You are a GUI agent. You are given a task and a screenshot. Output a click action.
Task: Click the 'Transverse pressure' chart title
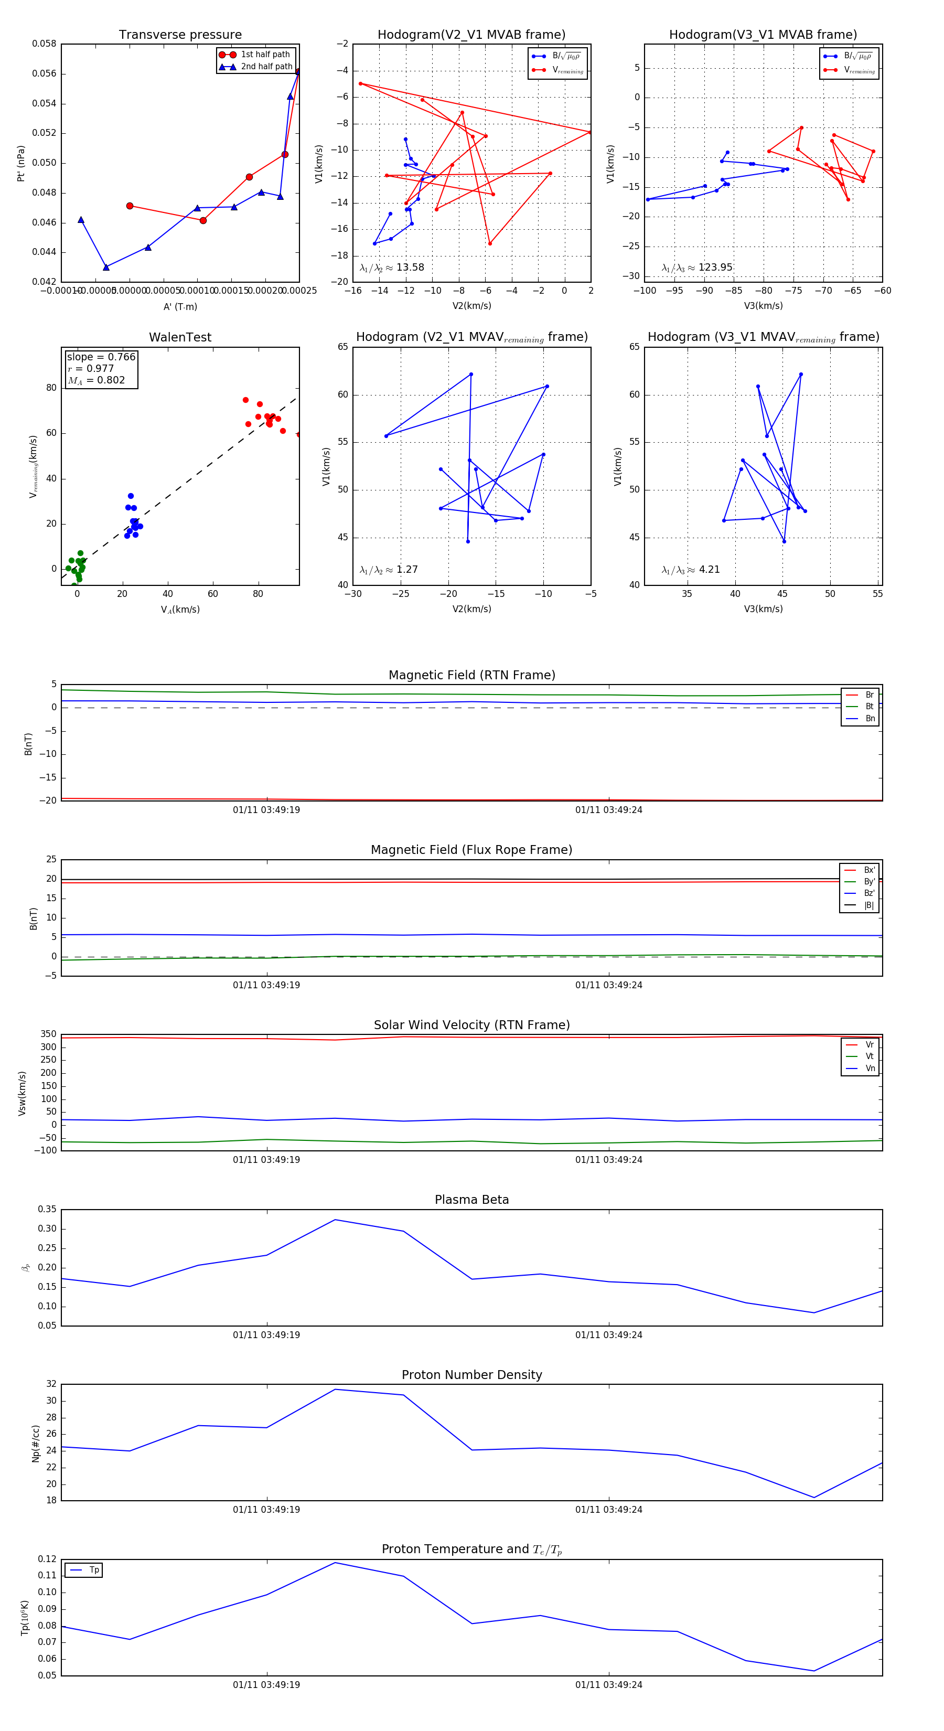tap(180, 35)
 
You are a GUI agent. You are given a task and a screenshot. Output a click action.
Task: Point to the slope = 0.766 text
tap(101, 357)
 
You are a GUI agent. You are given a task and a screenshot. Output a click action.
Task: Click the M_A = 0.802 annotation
tap(96, 380)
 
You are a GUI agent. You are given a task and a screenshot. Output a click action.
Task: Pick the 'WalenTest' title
tap(180, 337)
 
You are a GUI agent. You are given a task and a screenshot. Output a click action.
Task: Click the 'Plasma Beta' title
tap(471, 1200)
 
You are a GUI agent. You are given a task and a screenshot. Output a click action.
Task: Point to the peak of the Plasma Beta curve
tap(335, 1220)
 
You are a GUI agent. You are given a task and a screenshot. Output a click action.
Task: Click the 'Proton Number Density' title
tap(471, 1375)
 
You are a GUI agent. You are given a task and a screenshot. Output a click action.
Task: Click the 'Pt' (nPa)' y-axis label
tap(21, 163)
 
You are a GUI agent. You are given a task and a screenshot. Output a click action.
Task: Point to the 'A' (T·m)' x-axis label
tap(180, 306)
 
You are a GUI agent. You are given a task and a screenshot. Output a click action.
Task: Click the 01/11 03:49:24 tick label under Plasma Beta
tap(609, 1334)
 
